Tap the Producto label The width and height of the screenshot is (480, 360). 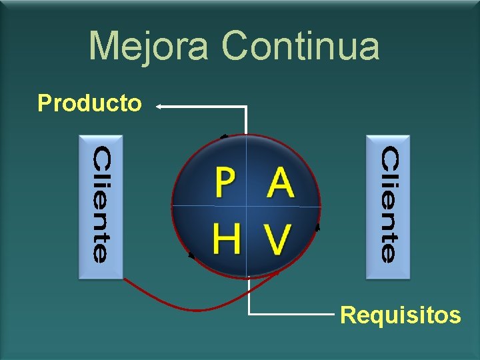click(x=89, y=104)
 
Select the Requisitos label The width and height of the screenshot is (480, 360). click(x=400, y=314)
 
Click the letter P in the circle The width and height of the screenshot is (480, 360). click(x=226, y=184)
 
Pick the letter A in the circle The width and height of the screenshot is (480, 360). click(x=281, y=184)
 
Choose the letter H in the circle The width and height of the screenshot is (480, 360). click(x=227, y=239)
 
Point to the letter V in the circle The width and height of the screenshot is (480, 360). click(x=278, y=239)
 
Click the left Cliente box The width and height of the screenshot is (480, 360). click(x=101, y=206)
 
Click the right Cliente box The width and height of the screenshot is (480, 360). click(x=389, y=206)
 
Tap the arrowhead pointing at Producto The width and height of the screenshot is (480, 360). click(x=160, y=105)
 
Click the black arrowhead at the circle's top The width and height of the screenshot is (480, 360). click(x=225, y=136)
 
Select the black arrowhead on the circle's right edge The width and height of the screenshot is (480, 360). click(x=317, y=227)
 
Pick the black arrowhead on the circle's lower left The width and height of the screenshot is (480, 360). click(x=192, y=254)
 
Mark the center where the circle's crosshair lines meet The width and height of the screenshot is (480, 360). click(x=247, y=205)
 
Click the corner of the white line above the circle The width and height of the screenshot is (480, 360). click(x=247, y=106)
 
